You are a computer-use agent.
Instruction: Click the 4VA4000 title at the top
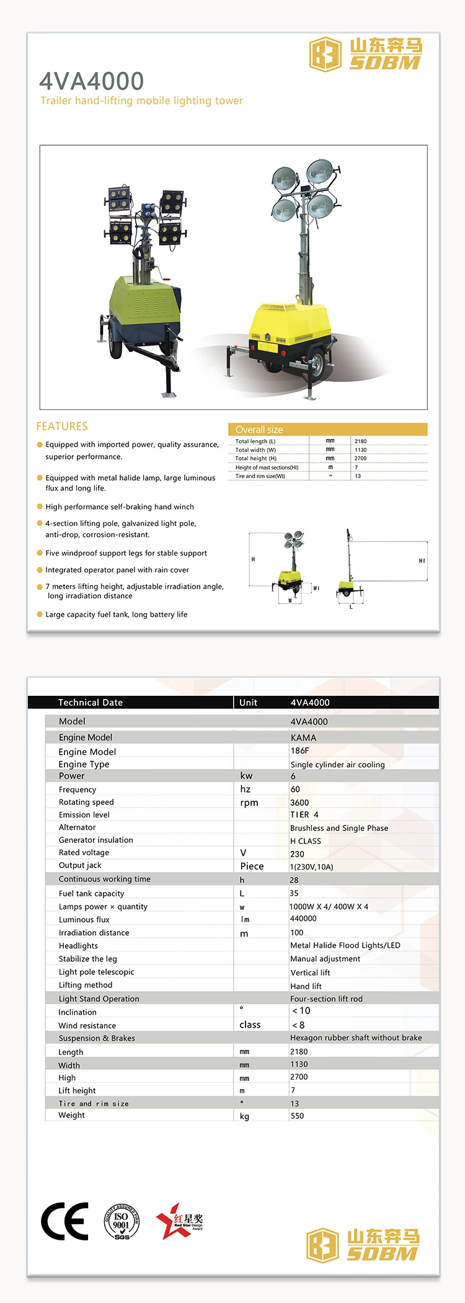[92, 81]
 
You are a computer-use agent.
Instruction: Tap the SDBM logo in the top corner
[366, 54]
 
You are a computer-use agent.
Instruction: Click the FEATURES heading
[62, 427]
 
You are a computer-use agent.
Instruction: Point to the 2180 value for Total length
[361, 442]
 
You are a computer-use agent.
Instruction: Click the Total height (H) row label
[256, 458]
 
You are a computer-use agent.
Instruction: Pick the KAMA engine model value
[303, 737]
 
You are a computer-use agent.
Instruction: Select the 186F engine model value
[300, 750]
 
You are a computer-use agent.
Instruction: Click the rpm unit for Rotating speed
[249, 803]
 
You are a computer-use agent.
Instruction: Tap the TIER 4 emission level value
[304, 815]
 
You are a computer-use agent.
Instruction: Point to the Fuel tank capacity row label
[91, 894]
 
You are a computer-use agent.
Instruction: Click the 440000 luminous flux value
[303, 918]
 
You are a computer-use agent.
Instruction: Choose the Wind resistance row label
[87, 1026]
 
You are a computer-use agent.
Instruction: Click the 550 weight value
[298, 1116]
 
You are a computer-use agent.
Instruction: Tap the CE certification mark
[64, 1221]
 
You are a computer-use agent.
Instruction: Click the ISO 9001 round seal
[122, 1221]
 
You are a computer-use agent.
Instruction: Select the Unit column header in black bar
[248, 703]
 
